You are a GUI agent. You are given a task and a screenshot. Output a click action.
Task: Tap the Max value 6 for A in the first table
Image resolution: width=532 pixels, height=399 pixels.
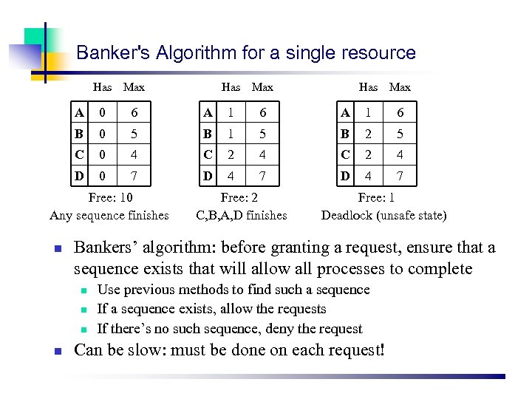tap(133, 112)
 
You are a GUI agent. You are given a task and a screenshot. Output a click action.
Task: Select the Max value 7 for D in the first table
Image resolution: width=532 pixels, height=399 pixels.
tap(133, 177)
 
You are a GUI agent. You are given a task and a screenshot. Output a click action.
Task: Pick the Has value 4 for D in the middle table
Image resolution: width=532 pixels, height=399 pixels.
tap(231, 177)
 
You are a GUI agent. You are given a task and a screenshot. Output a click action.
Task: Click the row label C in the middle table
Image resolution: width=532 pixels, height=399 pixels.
tap(208, 155)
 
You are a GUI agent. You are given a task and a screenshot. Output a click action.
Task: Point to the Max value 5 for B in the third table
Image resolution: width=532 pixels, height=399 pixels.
tap(400, 134)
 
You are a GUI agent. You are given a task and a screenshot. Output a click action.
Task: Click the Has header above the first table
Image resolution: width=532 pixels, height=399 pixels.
tap(103, 87)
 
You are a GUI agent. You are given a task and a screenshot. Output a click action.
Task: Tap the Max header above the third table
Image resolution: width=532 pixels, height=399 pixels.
tap(400, 87)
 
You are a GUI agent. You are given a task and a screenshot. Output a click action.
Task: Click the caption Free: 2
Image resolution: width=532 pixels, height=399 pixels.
tap(241, 198)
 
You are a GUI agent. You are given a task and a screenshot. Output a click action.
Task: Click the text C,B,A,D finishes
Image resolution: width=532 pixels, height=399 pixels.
tap(241, 216)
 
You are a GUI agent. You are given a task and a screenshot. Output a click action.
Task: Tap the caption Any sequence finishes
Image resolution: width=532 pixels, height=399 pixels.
tap(109, 216)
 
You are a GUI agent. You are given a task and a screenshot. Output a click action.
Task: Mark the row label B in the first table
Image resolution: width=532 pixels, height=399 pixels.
tap(79, 134)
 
